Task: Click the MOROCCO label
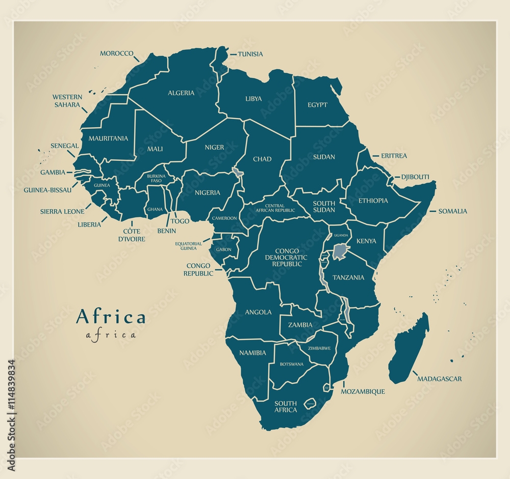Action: [x=116, y=53]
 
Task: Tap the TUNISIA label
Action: [x=250, y=54]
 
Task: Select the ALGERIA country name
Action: [x=181, y=93]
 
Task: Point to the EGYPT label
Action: [x=317, y=105]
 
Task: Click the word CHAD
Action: [x=262, y=159]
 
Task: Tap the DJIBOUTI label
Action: [x=415, y=177]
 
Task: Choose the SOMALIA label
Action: [x=452, y=211]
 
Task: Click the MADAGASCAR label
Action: [x=439, y=379]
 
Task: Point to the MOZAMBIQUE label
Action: [x=363, y=391]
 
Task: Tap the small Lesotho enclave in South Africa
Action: [x=310, y=404]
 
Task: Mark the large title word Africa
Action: [x=111, y=317]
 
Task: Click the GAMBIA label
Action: [x=53, y=173]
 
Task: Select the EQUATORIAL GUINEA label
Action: [x=188, y=246]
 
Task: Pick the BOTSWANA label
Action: [x=291, y=364]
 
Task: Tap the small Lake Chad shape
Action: [x=237, y=172]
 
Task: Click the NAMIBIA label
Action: [x=253, y=352]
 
